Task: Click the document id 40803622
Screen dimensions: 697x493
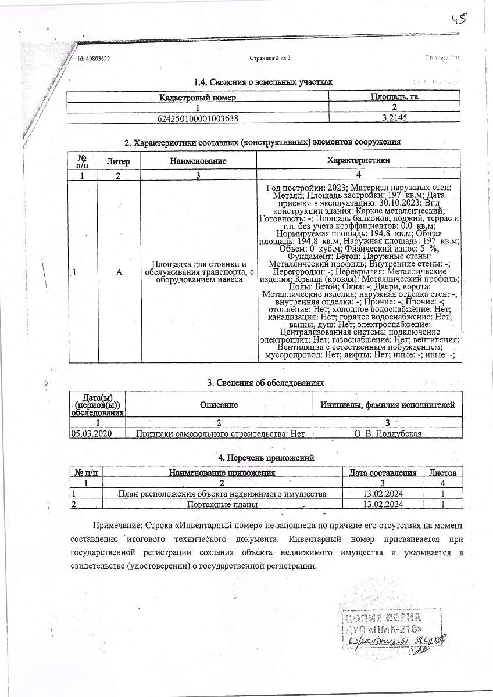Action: tap(94, 59)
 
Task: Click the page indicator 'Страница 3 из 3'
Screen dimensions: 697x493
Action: tap(270, 58)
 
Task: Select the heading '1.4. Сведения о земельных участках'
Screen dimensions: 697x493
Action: tap(263, 82)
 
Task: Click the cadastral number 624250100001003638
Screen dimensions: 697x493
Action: tap(198, 118)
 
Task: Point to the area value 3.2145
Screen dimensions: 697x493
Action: tap(394, 118)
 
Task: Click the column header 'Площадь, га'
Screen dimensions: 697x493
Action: tap(394, 96)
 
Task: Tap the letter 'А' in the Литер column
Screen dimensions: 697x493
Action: tap(119, 272)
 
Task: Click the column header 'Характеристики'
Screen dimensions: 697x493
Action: tap(358, 160)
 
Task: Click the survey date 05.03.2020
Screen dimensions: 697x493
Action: tap(90, 433)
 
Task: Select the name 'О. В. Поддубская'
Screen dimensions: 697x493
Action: tap(388, 433)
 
